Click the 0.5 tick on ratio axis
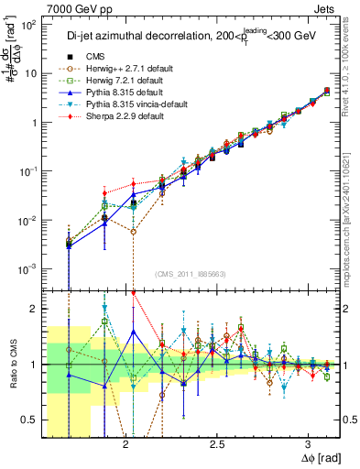[x=31, y=420]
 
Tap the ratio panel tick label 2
[x=35, y=309]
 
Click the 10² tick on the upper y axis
[x=30, y=26]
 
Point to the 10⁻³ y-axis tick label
[x=30, y=268]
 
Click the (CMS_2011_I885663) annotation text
[x=191, y=274]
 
